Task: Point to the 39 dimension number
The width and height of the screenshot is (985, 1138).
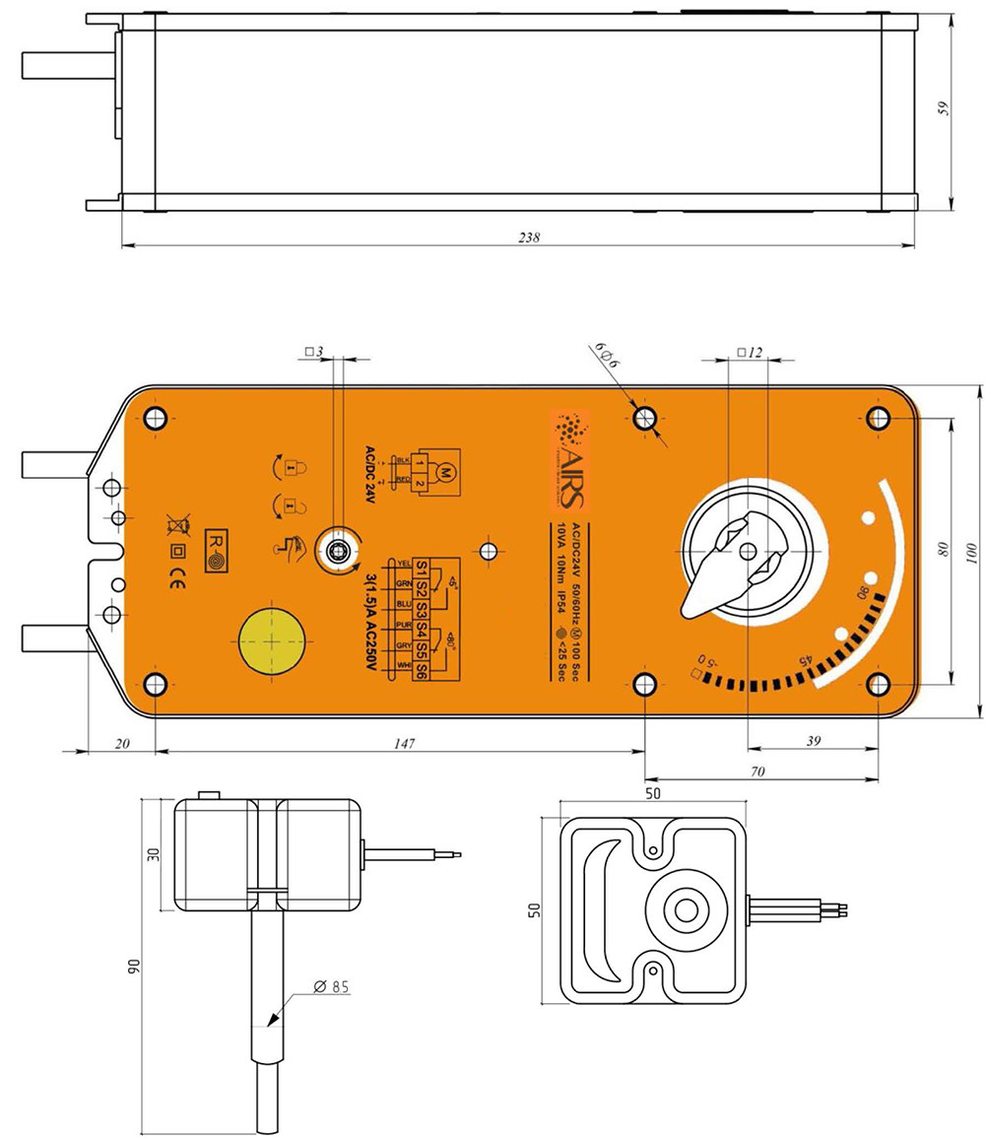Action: pyautogui.click(x=814, y=742)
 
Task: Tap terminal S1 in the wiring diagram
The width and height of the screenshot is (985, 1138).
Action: pyautogui.click(x=422, y=569)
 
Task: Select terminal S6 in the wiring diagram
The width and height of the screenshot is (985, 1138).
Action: pyautogui.click(x=422, y=671)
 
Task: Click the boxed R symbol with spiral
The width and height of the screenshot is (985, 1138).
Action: pyautogui.click(x=215, y=551)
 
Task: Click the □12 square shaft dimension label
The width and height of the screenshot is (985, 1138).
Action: pyautogui.click(x=751, y=353)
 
